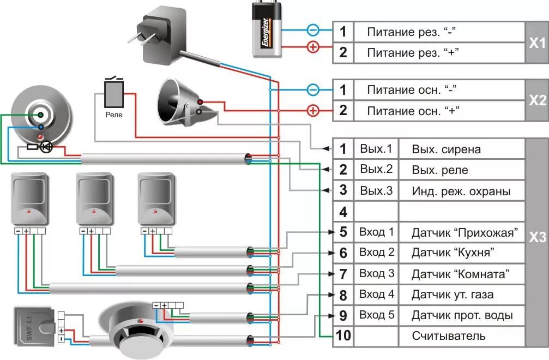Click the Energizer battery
coord(267,29)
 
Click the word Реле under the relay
coord(114,115)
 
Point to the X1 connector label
coord(537,43)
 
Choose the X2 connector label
coord(537,100)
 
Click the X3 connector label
coord(537,237)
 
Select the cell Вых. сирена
coord(446,149)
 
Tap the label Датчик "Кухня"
coord(453,253)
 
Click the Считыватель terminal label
coord(449,336)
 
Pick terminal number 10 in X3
coord(343,335)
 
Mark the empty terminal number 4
coord(343,212)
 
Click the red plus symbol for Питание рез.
coord(313,46)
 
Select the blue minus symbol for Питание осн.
coord(313,89)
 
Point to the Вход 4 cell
coord(377,294)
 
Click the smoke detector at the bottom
coord(140,331)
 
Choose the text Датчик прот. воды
coord(462,315)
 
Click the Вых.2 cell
coord(376,169)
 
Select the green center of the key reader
coord(40,115)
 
